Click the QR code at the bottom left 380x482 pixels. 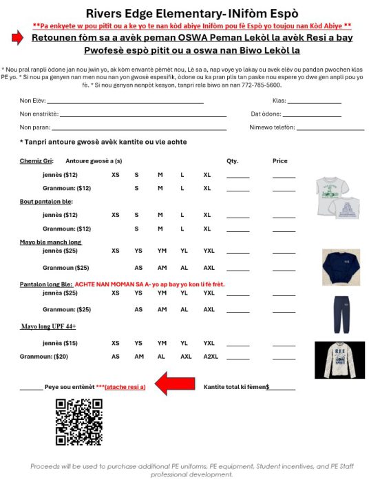click(78, 422)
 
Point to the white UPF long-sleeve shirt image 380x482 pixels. click(339, 359)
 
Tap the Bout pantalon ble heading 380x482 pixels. click(45, 201)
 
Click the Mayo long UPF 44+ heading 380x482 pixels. click(50, 327)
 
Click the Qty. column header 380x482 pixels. click(232, 161)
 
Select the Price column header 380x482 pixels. click(280, 161)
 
